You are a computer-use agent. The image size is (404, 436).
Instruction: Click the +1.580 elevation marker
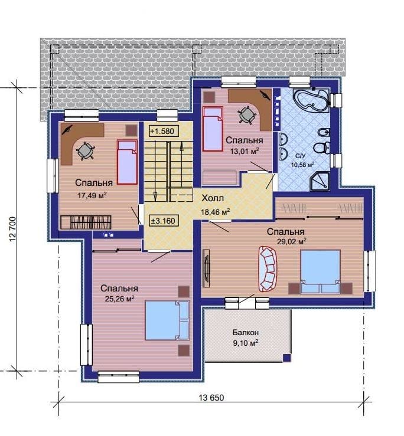click(164, 131)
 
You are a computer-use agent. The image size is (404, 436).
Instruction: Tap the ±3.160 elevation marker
click(164, 221)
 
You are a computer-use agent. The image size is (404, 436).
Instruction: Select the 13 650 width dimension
click(211, 398)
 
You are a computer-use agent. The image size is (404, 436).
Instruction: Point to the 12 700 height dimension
click(13, 229)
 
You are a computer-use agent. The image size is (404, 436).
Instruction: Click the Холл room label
click(213, 199)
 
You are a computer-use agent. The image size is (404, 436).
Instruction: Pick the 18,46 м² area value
click(215, 212)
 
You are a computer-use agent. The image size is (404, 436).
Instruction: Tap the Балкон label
click(246, 332)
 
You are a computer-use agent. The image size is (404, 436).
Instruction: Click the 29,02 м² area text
click(292, 241)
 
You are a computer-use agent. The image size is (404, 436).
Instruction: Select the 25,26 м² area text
click(119, 299)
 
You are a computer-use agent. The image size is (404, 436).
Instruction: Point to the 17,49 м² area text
click(92, 195)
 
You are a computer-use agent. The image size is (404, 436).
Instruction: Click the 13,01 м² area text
click(245, 151)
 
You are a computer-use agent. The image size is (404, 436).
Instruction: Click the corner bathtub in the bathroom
click(312, 100)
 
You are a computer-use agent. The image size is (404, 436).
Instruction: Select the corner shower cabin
click(320, 181)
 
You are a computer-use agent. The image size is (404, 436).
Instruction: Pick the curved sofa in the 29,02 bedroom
click(268, 269)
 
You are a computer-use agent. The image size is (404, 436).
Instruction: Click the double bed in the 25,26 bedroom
click(167, 320)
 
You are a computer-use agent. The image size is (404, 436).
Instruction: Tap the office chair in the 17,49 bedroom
click(85, 150)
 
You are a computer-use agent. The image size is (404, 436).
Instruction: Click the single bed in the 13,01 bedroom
click(213, 129)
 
